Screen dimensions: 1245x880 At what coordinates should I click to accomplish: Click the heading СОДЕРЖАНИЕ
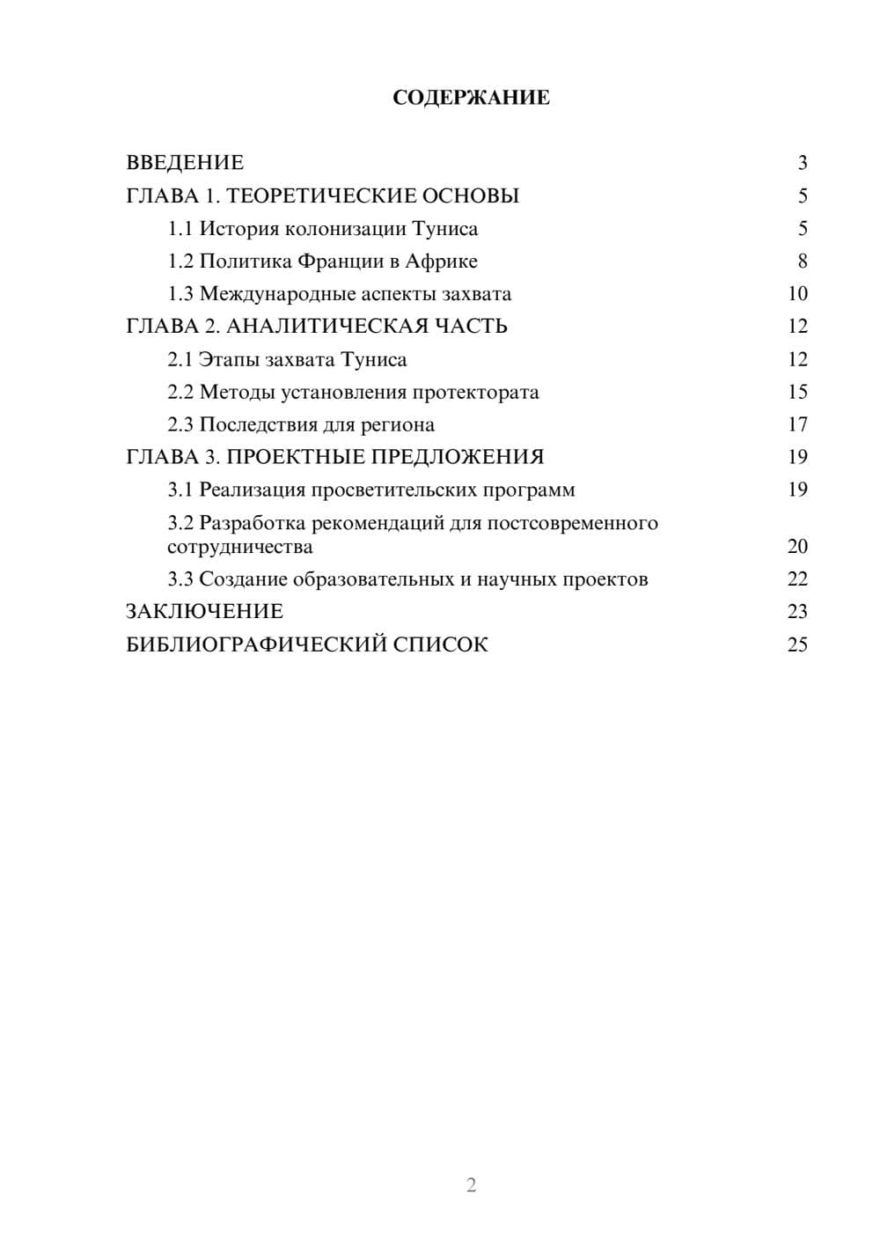click(471, 98)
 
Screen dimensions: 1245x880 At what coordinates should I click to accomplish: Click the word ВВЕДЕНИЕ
click(185, 163)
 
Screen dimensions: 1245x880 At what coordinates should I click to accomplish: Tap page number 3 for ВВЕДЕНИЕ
click(803, 163)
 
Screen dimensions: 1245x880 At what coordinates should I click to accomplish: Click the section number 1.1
click(180, 229)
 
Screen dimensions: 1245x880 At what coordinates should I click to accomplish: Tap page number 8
click(803, 262)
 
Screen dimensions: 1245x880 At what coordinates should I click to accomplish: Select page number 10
click(797, 294)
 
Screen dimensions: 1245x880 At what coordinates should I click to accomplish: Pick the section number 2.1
click(180, 359)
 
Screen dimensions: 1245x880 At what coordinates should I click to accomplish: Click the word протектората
click(476, 392)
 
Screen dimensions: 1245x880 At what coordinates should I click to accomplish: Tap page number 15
click(797, 392)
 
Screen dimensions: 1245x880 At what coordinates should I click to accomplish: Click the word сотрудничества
click(240, 547)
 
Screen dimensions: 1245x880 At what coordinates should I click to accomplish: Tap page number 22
click(797, 579)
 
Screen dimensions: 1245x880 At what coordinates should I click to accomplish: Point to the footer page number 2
click(471, 1185)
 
